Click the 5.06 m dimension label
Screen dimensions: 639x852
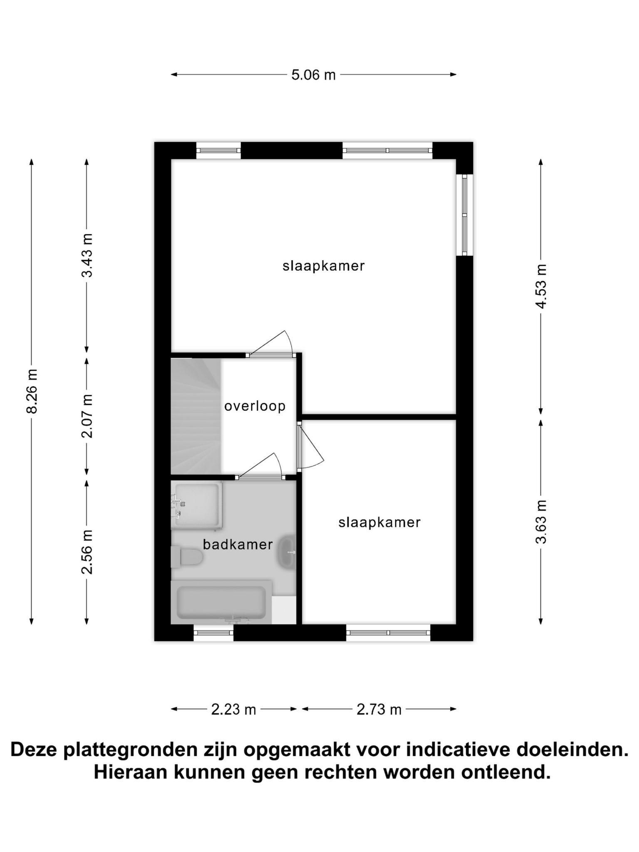(x=313, y=75)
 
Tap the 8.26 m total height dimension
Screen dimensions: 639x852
(x=32, y=391)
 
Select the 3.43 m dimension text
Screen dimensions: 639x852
(x=87, y=255)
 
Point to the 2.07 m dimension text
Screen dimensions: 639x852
(x=87, y=416)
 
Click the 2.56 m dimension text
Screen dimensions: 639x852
(x=87, y=552)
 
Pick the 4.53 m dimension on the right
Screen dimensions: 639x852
(x=541, y=286)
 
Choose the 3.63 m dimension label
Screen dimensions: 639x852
(x=541, y=522)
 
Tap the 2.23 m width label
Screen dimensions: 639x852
(x=233, y=709)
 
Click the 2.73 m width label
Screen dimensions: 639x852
(x=379, y=709)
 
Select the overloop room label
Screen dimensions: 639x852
(x=255, y=406)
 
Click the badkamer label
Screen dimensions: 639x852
(x=238, y=544)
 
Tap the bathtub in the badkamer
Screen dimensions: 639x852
(x=221, y=602)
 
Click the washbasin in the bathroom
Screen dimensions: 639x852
(x=287, y=552)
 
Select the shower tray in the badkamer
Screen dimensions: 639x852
(x=196, y=505)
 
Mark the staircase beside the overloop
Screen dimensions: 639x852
(x=196, y=416)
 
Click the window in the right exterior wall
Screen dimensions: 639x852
(x=465, y=215)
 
